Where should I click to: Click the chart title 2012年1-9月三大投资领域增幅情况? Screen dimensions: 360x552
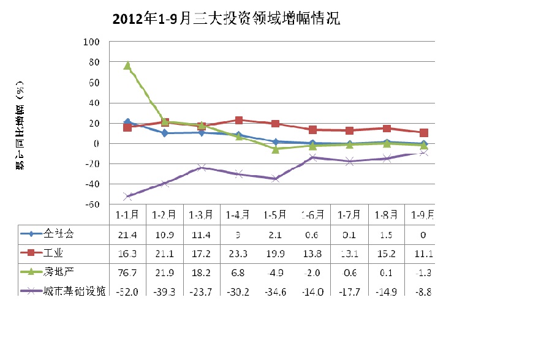click(226, 19)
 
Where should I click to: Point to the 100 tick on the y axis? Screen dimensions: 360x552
click(91, 42)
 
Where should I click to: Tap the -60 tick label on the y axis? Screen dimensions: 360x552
click(91, 204)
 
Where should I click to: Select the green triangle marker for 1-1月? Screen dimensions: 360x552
click(127, 66)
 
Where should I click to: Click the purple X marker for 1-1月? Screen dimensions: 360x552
click(127, 197)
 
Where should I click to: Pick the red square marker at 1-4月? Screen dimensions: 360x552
click(238, 121)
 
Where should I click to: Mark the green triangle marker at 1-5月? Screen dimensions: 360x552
click(276, 149)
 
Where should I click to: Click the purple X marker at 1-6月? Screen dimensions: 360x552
click(312, 157)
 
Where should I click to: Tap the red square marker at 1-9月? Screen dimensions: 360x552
click(423, 132)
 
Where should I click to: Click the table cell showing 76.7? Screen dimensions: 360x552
click(127, 272)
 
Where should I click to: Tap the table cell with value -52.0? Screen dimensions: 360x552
click(127, 291)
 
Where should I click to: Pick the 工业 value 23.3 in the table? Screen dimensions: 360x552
click(238, 252)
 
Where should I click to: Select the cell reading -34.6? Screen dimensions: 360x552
click(276, 291)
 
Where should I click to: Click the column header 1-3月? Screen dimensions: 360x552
click(202, 215)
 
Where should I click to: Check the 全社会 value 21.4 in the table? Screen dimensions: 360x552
click(127, 233)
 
